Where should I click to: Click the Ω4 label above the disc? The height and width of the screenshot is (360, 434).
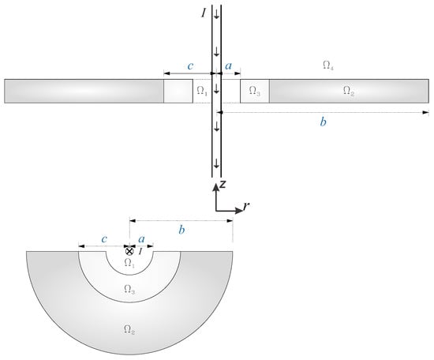(328, 66)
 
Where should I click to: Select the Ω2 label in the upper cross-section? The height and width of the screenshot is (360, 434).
(349, 91)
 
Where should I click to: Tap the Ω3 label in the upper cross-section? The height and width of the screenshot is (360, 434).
(254, 91)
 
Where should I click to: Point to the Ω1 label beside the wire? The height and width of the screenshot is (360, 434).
(202, 91)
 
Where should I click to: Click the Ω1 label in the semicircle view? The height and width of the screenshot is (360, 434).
(129, 263)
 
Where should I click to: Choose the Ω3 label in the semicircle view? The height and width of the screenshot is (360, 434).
(129, 289)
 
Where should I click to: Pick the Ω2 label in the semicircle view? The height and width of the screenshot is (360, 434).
(129, 329)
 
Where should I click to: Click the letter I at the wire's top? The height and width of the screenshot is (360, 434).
(204, 13)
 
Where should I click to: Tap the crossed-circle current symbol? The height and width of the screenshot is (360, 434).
(129, 251)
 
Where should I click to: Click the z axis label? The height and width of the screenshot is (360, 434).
(223, 184)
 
